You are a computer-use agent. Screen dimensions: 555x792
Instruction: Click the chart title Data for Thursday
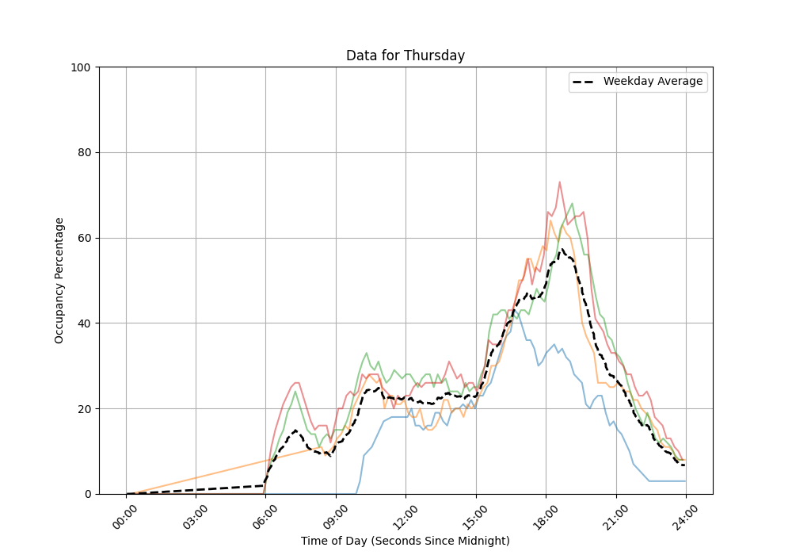[406, 55]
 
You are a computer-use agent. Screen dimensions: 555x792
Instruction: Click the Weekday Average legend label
[653, 82]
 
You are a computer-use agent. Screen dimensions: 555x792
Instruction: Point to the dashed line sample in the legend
[584, 82]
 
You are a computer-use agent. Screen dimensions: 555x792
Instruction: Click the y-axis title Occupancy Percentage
[59, 281]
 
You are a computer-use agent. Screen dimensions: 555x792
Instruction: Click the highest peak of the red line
[559, 182]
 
